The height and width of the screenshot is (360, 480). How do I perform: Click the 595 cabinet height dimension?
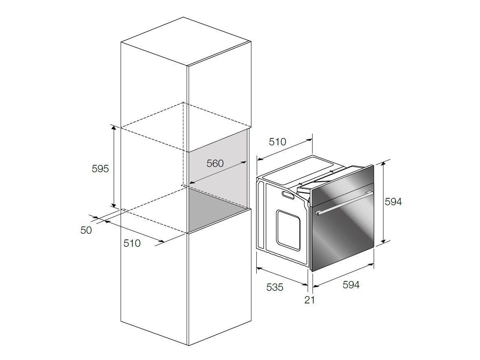(100, 169)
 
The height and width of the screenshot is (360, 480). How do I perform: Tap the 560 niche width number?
(215, 164)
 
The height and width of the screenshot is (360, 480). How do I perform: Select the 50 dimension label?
(86, 230)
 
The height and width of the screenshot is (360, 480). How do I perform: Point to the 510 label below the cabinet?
(132, 243)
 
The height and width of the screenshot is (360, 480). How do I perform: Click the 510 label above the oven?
(277, 142)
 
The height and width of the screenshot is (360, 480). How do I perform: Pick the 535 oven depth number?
(275, 288)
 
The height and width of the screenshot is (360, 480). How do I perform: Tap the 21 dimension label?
(310, 300)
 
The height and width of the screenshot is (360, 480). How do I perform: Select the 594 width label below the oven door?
(351, 285)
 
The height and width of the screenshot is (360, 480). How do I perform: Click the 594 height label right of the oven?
(393, 202)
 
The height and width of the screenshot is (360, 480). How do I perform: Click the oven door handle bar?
(344, 203)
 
